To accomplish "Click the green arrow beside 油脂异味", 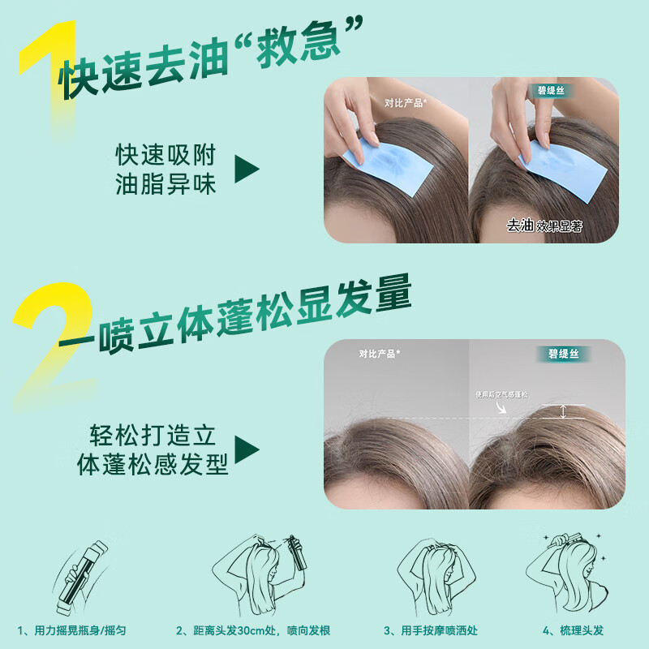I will coord(247,170).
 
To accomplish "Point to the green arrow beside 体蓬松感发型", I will coord(247,451).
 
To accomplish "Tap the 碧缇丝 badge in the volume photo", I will coord(562,355).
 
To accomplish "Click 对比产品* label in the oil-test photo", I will coord(406,103).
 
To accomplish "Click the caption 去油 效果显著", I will coord(545,226).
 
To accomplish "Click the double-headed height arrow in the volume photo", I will coord(564,411).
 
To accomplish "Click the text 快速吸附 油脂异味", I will coord(166,170).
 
